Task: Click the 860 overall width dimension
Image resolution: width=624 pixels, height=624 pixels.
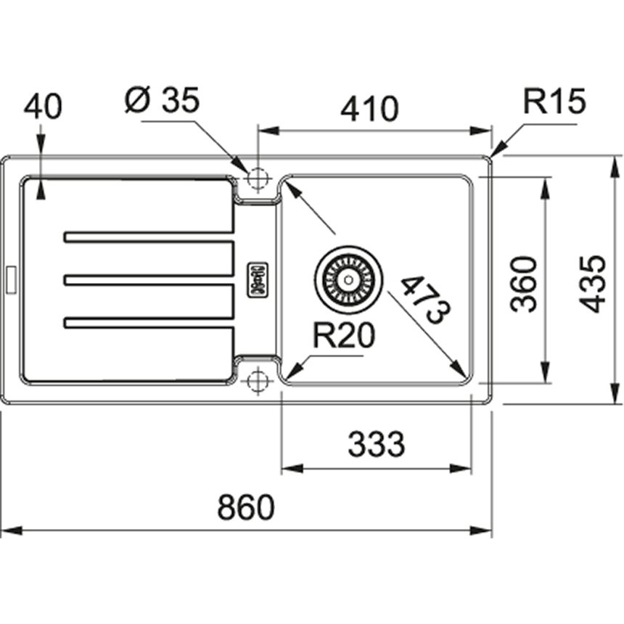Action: pos(246,507)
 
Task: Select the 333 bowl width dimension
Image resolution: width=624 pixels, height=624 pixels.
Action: pos(376,444)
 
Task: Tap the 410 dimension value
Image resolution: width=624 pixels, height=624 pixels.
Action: pos(369,108)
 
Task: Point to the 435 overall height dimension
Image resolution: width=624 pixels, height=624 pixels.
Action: pos(592,284)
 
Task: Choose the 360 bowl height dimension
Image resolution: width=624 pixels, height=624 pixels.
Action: pos(524,284)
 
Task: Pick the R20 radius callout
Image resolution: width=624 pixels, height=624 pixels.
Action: pos(344,335)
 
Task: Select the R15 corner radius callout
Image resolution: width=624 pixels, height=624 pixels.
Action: pos(554,101)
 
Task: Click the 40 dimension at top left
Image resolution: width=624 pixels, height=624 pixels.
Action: pos(43,107)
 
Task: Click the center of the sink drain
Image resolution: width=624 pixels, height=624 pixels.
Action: pos(348,280)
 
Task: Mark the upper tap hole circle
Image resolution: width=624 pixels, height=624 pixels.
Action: pos(258,178)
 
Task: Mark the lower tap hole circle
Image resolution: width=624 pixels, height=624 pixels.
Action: pos(258,381)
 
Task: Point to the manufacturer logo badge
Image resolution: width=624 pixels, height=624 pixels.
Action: pos(258,280)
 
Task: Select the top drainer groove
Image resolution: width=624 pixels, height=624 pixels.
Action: pos(148,237)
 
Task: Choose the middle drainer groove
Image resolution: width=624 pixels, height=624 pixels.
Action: pos(148,280)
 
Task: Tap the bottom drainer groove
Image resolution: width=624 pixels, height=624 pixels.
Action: pos(148,323)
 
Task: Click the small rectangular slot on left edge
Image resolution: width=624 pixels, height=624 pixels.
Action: pos(11,279)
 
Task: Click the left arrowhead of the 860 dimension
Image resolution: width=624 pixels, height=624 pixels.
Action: pos(11,530)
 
